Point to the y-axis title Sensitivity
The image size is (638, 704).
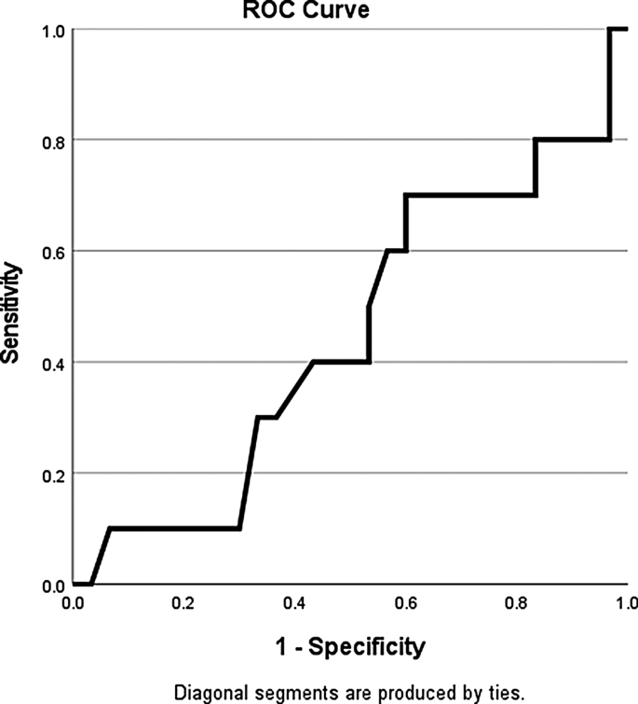(x=14, y=309)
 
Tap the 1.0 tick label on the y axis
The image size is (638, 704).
(x=53, y=30)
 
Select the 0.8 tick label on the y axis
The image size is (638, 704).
(x=53, y=141)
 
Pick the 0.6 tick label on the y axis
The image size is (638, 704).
(x=53, y=252)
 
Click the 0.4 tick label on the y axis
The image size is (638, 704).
(x=53, y=363)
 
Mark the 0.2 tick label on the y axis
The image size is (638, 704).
(x=53, y=474)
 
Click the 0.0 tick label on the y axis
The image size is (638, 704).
(x=53, y=586)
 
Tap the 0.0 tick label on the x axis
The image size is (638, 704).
(x=72, y=603)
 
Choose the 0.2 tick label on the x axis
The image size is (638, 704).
(x=183, y=603)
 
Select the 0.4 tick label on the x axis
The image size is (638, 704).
(x=294, y=603)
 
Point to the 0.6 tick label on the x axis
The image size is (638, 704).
(x=405, y=603)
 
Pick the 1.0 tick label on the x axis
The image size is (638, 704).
(x=626, y=603)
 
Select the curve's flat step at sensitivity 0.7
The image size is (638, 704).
(x=470, y=196)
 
